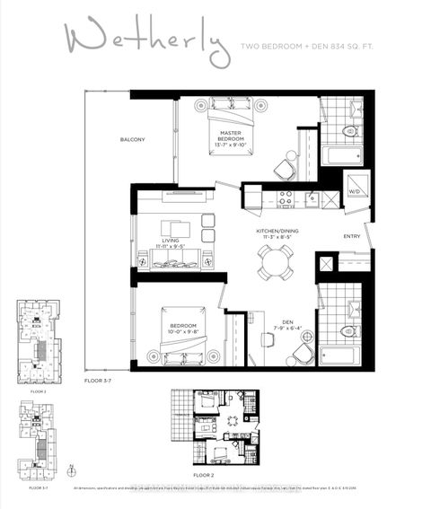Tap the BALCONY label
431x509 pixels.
point(133,140)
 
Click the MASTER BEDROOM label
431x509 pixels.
point(233,138)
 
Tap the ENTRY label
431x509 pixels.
point(352,237)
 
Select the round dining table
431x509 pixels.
point(272,262)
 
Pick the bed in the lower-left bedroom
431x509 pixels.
point(180,336)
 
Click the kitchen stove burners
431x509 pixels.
point(285,198)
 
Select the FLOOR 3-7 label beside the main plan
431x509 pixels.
point(99,382)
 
